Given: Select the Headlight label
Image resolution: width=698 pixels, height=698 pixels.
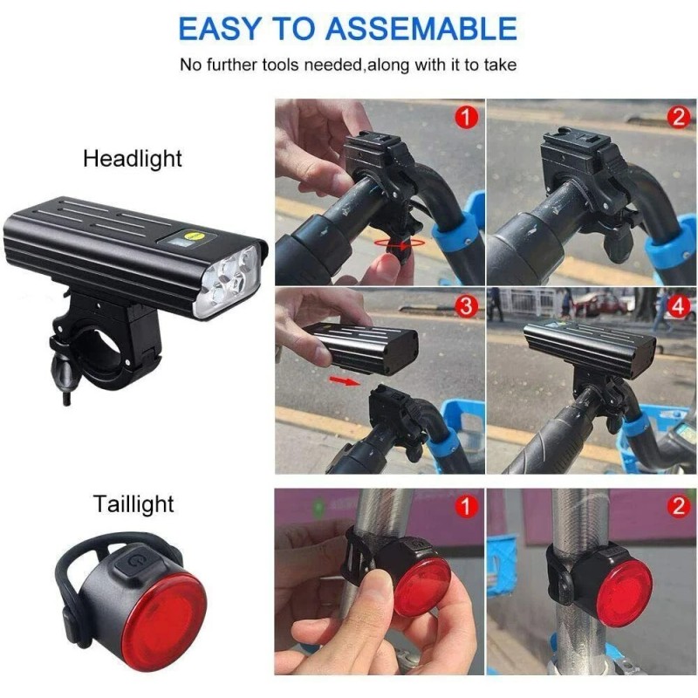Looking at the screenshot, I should (x=133, y=159).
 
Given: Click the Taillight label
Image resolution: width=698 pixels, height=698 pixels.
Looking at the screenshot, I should (x=134, y=503).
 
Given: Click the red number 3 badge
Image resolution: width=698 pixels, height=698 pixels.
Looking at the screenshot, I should (x=467, y=306).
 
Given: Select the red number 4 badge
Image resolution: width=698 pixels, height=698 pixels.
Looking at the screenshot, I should (x=678, y=306).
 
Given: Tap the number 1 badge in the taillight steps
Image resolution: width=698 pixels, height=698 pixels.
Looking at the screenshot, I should (x=467, y=505).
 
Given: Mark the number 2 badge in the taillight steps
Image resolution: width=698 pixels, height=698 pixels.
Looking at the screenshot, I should (x=678, y=505).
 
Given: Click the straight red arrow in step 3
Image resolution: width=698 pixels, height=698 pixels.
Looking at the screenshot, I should (x=346, y=381).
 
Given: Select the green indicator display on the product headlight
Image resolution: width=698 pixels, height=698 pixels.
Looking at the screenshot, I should (x=189, y=236).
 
